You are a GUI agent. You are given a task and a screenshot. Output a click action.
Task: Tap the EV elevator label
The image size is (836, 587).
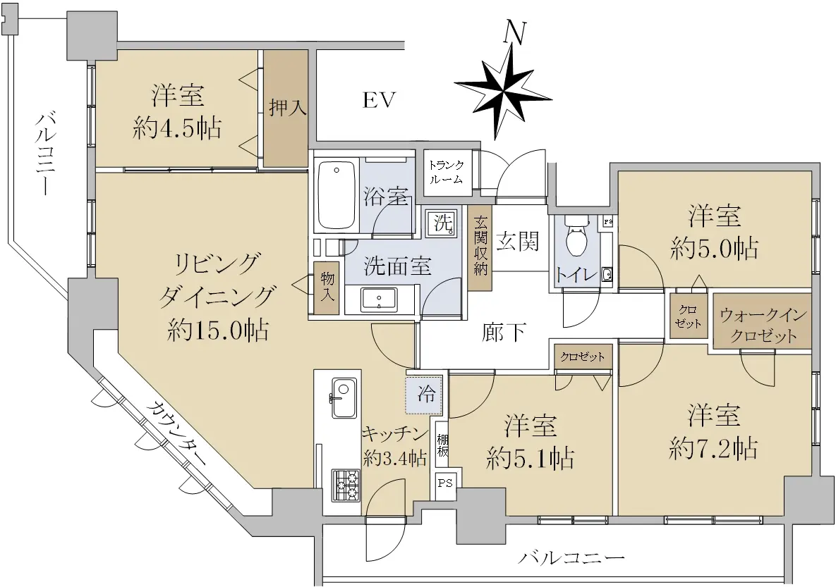(380, 100)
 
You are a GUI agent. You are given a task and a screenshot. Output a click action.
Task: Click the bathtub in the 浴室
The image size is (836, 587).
(337, 195)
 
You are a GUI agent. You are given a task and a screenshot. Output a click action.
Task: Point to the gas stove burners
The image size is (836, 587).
(346, 484)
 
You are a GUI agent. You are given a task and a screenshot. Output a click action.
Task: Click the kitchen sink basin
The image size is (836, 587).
(344, 398)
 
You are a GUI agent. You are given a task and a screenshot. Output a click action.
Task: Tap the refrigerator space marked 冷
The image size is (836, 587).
(425, 395)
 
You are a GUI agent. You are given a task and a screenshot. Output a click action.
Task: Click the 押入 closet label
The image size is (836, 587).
(287, 108)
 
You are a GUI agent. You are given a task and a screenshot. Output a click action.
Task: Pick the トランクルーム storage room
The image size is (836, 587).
(447, 172)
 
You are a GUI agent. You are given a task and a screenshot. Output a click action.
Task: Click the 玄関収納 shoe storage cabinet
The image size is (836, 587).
(480, 247)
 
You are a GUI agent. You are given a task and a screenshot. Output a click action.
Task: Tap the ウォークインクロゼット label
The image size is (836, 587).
(763, 326)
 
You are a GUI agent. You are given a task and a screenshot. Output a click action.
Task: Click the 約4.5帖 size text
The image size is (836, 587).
(178, 128)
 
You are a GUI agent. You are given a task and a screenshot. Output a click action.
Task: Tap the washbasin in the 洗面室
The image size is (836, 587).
(379, 300)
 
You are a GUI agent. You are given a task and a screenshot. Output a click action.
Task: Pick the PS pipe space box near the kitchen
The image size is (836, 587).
(445, 483)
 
